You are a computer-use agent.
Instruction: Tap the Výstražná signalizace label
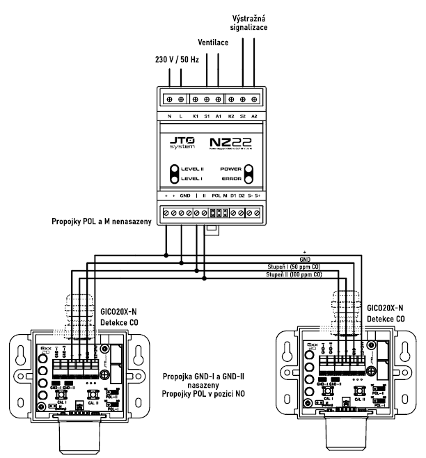(x=246, y=21)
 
